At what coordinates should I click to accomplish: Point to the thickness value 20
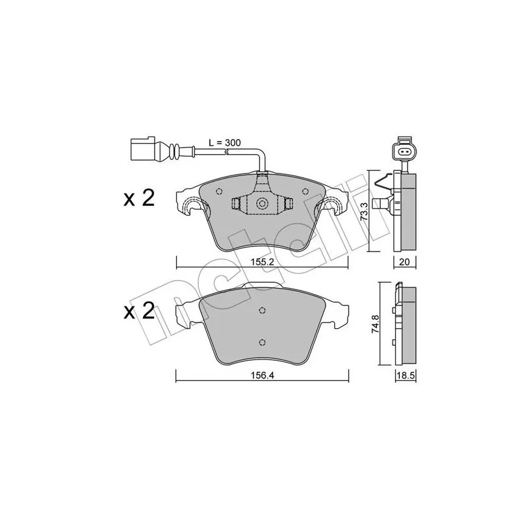tap(404, 262)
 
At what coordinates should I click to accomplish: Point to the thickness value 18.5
tap(405, 376)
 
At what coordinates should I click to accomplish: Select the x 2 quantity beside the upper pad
tap(139, 199)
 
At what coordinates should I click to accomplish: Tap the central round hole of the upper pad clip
tap(263, 204)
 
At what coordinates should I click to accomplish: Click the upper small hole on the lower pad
tap(262, 310)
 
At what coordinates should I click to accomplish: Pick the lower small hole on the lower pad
tap(262, 344)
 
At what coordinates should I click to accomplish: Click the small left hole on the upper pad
tap(219, 191)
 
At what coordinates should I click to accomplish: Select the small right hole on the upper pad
tap(305, 191)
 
